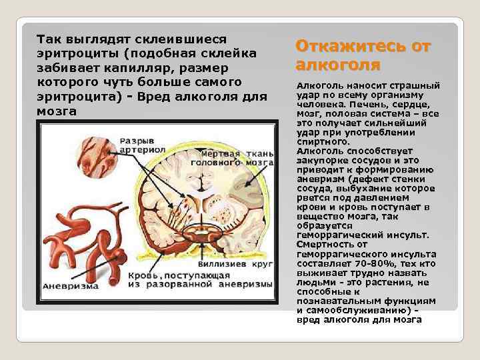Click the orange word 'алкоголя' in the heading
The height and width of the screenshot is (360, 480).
tap(338, 65)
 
